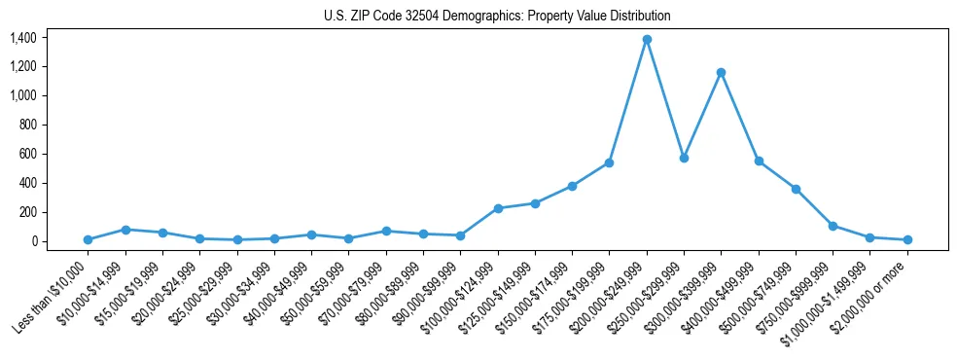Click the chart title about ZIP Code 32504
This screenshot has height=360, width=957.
point(497,16)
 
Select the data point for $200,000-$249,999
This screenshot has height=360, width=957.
point(647,40)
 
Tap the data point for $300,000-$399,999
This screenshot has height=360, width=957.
point(721,72)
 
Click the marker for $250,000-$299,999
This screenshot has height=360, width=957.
point(684,158)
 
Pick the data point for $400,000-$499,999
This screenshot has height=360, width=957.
point(759,162)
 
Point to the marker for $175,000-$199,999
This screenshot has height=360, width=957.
point(609,162)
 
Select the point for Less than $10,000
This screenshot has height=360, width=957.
point(89,239)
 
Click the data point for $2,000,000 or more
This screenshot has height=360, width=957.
point(907,239)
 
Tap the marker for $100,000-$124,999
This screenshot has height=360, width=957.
point(498,208)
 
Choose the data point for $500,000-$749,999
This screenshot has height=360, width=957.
point(796,189)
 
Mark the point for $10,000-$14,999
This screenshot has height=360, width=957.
point(125,230)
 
